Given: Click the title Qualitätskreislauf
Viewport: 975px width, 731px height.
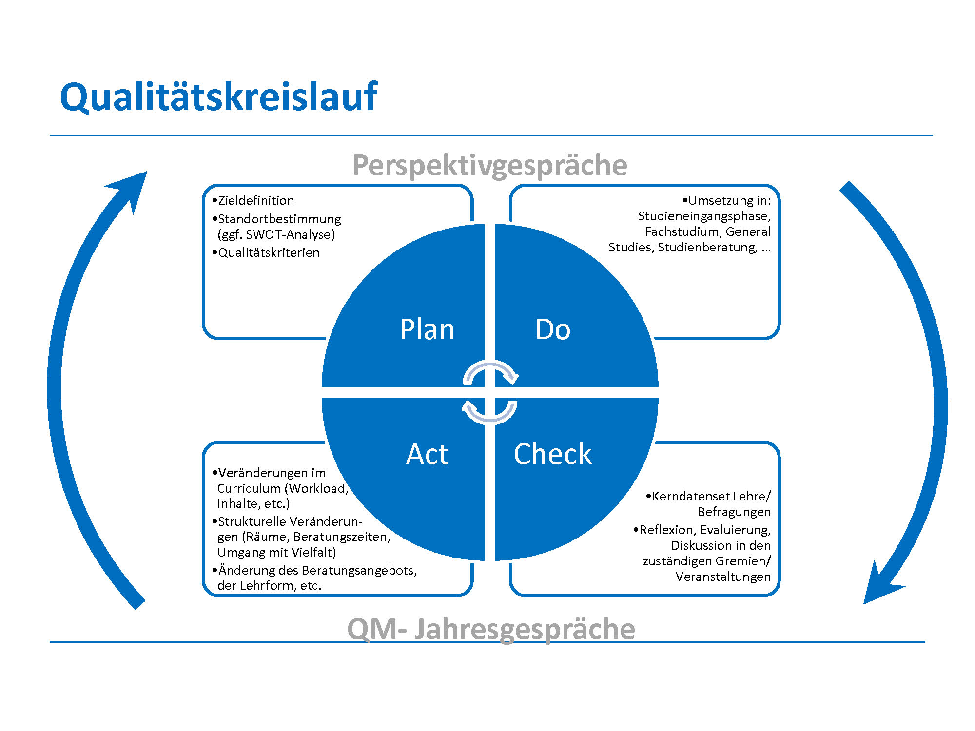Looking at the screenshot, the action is click(219, 97).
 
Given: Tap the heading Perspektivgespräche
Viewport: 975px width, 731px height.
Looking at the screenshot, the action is click(489, 166).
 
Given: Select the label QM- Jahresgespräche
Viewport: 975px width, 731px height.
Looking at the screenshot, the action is click(491, 629).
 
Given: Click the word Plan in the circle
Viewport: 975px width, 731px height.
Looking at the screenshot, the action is click(427, 329).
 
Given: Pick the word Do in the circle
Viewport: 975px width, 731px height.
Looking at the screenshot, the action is click(553, 329).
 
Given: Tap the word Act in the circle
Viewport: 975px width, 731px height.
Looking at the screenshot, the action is click(427, 454).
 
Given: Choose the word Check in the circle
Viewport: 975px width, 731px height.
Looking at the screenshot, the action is click(553, 454).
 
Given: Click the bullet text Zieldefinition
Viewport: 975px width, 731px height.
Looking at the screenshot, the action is click(256, 200).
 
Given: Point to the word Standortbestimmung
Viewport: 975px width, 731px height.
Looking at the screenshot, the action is click(279, 219).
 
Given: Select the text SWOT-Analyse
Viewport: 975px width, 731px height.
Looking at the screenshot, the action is click(288, 235).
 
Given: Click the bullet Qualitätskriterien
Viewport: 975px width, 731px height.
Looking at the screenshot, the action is click(269, 252).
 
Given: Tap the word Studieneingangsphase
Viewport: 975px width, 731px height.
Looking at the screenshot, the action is click(704, 216).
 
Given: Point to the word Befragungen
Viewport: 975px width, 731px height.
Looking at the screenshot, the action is click(734, 512).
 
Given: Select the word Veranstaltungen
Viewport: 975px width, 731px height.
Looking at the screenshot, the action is click(723, 577).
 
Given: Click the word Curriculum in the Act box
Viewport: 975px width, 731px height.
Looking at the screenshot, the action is click(249, 488).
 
